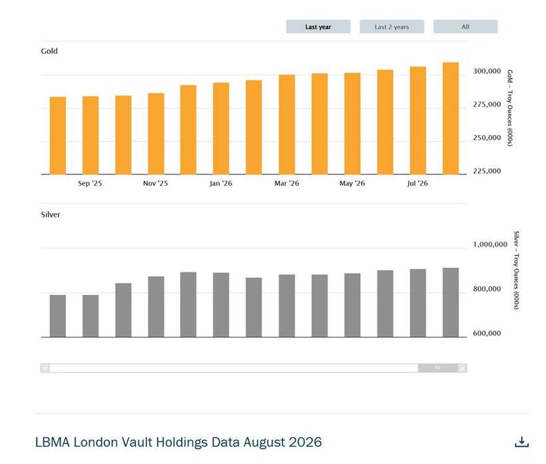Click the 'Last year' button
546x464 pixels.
point(318,27)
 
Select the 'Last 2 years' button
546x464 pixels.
point(392,27)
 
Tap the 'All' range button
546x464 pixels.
point(465,27)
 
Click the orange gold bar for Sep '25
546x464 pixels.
point(91,135)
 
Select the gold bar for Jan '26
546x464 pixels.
point(221,128)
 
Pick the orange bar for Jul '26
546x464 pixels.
point(418,120)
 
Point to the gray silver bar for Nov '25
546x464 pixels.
point(156,307)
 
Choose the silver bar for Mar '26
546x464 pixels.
point(287,306)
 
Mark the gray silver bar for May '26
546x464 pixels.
point(352,305)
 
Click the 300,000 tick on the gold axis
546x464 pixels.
point(487,71)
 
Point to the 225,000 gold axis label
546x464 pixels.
point(487,171)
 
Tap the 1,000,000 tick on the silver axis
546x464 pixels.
point(490,244)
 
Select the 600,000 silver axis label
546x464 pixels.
point(487,333)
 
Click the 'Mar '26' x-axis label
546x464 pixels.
point(286,183)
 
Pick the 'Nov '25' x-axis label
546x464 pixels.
point(155,183)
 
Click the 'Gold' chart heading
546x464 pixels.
point(49,51)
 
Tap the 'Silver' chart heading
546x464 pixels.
point(51,214)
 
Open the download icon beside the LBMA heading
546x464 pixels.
point(521,442)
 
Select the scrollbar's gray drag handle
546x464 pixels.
point(438,368)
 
